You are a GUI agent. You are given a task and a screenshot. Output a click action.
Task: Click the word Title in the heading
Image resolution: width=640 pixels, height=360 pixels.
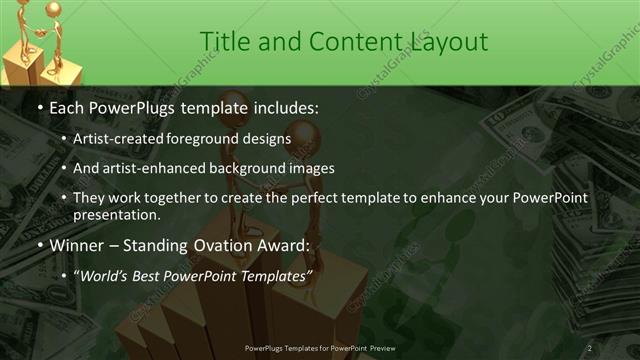coord(224,41)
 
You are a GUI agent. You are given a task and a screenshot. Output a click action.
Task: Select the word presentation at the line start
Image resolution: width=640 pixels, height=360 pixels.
coord(114,214)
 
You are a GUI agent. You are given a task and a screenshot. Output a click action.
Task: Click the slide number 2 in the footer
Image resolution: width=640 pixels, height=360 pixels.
coord(589,347)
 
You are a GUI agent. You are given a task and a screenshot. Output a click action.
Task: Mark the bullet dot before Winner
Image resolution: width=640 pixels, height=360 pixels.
coord(40,245)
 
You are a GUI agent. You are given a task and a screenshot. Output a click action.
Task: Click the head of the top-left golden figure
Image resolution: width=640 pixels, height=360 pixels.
coord(23,9)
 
